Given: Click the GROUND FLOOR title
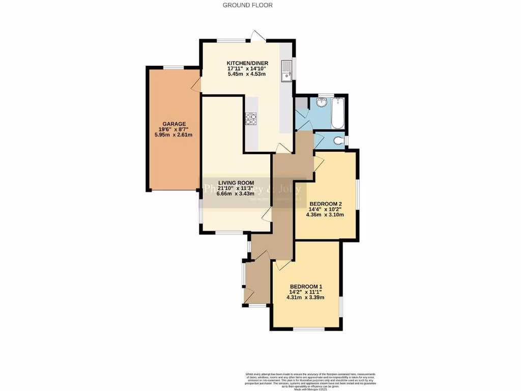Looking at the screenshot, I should (x=247, y=5).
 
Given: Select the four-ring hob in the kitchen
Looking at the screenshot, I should (x=251, y=119).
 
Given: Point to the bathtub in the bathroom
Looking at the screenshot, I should (x=338, y=113).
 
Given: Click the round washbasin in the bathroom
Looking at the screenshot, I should (x=322, y=103).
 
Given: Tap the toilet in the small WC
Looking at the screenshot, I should (x=338, y=140).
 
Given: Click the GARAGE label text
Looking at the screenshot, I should (x=174, y=124).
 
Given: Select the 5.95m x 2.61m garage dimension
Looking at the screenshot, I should (x=174, y=135).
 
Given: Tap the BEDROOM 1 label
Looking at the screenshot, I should (x=306, y=286).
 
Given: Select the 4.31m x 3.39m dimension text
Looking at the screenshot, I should (x=306, y=298).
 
